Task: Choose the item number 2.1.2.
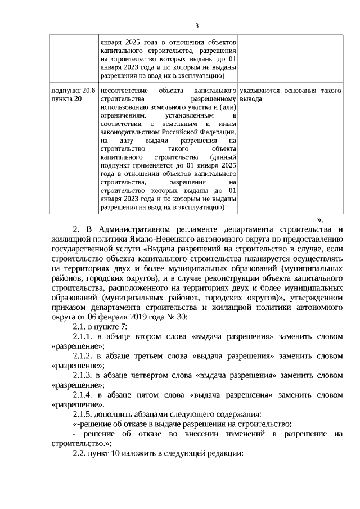click(x=83, y=356)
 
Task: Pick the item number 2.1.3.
click(x=83, y=376)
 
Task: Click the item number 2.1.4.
click(x=83, y=395)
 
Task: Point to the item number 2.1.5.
click(x=83, y=415)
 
